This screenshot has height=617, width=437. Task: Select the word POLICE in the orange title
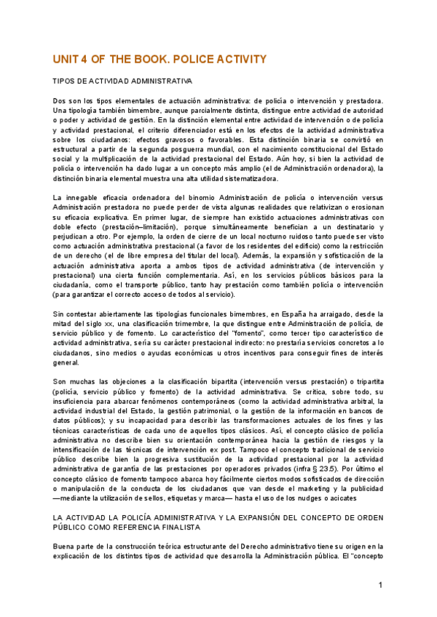click(x=192, y=59)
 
